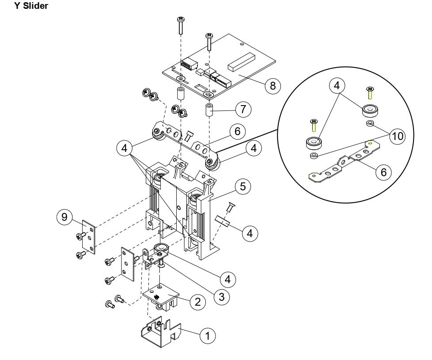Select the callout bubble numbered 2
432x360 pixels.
coord(197,302)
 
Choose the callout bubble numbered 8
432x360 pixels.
coord(273,85)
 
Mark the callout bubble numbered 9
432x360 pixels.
coord(64,217)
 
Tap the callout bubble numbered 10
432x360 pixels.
coord(397,136)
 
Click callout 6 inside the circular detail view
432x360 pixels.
coord(383,172)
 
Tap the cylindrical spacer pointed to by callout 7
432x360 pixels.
coord(209,110)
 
